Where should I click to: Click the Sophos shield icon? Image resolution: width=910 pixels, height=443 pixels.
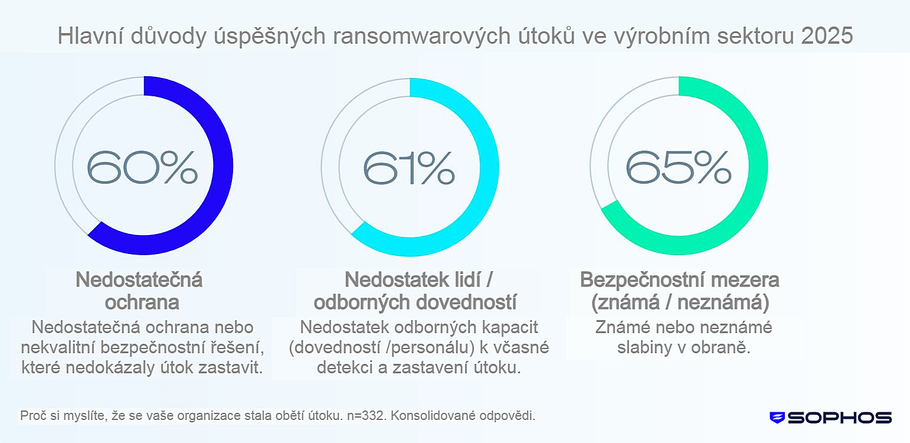point(777,418)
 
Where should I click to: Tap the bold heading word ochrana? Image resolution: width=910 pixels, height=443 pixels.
point(142,302)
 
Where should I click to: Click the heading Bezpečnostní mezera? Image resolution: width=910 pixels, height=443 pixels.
point(680,279)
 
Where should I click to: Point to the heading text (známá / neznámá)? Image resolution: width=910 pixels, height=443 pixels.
point(680,302)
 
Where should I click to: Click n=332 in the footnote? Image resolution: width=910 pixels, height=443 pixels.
point(364,415)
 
